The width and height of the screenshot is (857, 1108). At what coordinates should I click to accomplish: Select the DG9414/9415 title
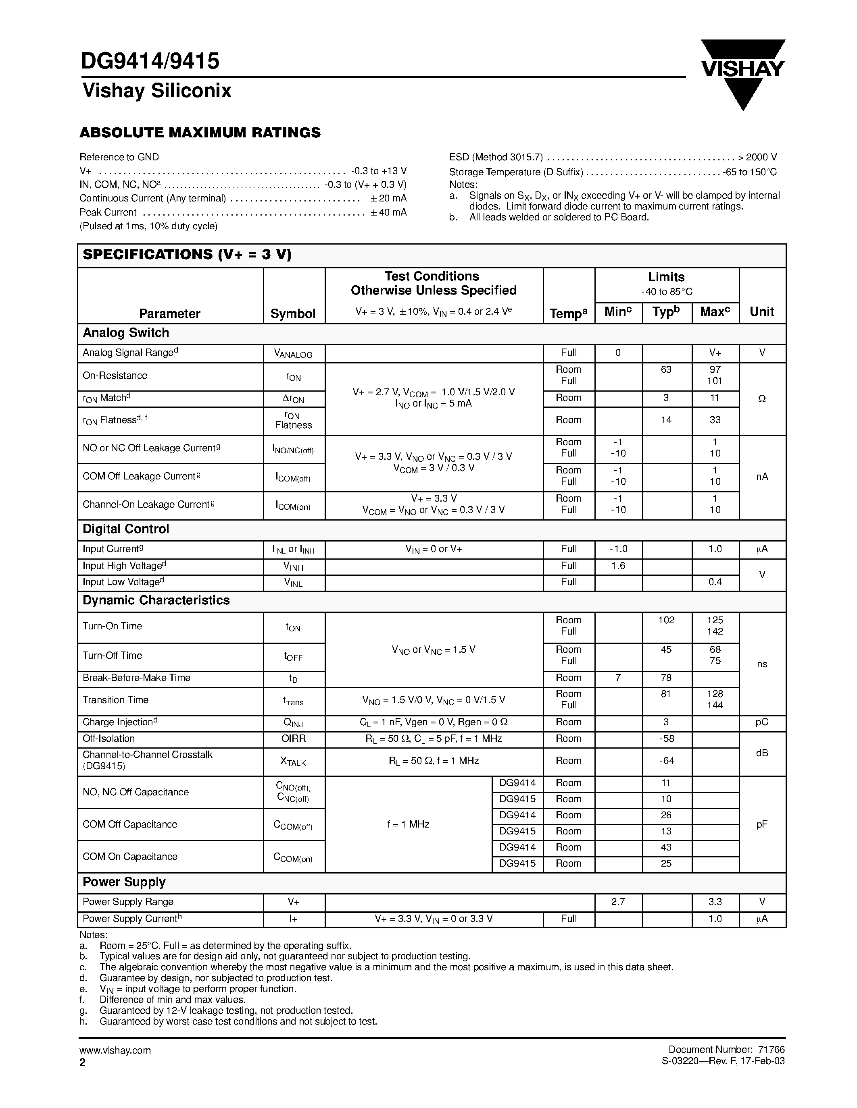coord(150,61)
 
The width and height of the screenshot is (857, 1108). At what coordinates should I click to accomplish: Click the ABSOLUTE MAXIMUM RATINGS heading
coord(200,133)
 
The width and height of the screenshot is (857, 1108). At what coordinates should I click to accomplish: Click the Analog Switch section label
coord(126,333)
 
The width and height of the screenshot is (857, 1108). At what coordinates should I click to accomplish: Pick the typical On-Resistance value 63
coord(666,369)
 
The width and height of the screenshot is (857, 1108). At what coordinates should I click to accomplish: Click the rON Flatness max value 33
coord(715,419)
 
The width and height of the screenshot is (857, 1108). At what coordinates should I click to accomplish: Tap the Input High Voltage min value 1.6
coord(618,566)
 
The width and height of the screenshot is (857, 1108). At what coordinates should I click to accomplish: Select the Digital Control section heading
coord(126,529)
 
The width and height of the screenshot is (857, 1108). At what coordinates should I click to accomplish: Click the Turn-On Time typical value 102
coord(666,620)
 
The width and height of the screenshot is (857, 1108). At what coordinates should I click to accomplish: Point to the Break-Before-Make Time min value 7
coord(618,678)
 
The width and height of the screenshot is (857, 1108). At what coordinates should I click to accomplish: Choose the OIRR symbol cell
coord(294,739)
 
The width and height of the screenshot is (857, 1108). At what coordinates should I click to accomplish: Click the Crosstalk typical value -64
coord(666,760)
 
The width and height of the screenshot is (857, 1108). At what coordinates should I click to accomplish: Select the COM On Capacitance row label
coord(130,856)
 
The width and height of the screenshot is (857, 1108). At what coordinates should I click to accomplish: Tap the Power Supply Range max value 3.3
coord(715,902)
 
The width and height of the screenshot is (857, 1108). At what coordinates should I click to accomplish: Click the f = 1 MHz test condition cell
coord(408,824)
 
